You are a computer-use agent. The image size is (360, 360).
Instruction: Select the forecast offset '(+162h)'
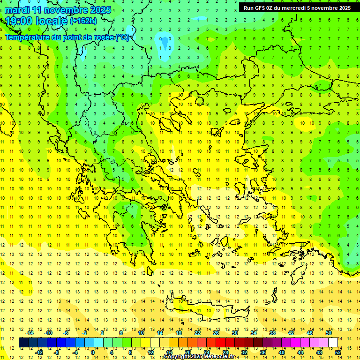(83, 21)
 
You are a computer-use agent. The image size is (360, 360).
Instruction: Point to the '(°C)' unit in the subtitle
(122, 37)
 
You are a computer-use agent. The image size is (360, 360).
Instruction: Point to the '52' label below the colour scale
(337, 352)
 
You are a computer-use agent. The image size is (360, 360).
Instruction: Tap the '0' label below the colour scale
(93, 352)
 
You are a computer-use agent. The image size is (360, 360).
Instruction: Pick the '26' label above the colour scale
(216, 332)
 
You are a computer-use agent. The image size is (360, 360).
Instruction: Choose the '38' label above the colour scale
(272, 332)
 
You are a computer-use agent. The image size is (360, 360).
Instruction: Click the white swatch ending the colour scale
(333, 343)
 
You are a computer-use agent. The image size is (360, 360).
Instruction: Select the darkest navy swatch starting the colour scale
(24, 343)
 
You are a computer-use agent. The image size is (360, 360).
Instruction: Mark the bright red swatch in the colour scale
(220, 343)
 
